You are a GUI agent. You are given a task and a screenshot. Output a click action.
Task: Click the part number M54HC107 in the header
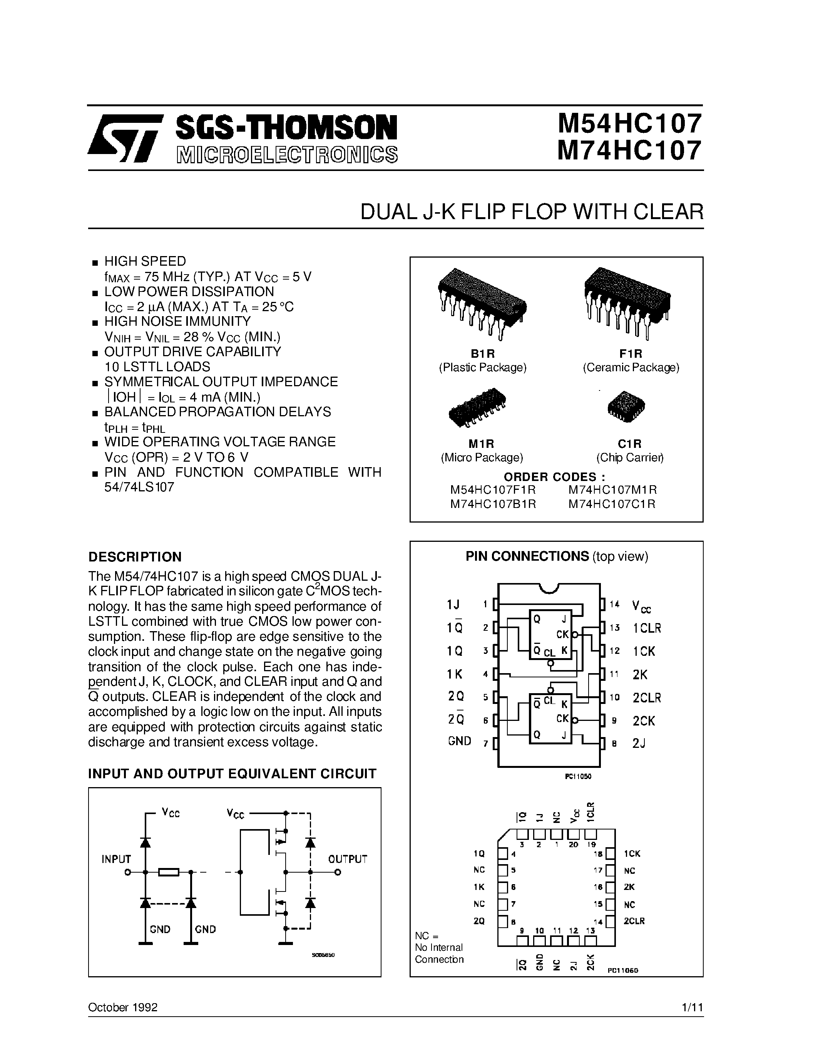click(x=629, y=124)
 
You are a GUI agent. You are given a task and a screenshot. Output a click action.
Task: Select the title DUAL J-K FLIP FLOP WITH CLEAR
click(x=532, y=213)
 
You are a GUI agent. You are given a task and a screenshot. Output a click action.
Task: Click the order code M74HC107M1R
click(x=612, y=490)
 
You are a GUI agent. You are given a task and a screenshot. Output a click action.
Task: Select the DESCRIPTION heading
click(x=135, y=557)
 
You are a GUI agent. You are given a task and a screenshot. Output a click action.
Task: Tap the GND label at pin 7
click(x=459, y=741)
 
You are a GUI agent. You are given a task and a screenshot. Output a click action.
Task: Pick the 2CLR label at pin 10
click(x=646, y=698)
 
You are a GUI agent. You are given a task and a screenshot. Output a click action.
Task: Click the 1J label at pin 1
click(x=453, y=605)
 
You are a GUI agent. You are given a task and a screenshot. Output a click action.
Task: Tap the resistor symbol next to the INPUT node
click(x=169, y=872)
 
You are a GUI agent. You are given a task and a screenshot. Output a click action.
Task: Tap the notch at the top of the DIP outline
click(x=549, y=588)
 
